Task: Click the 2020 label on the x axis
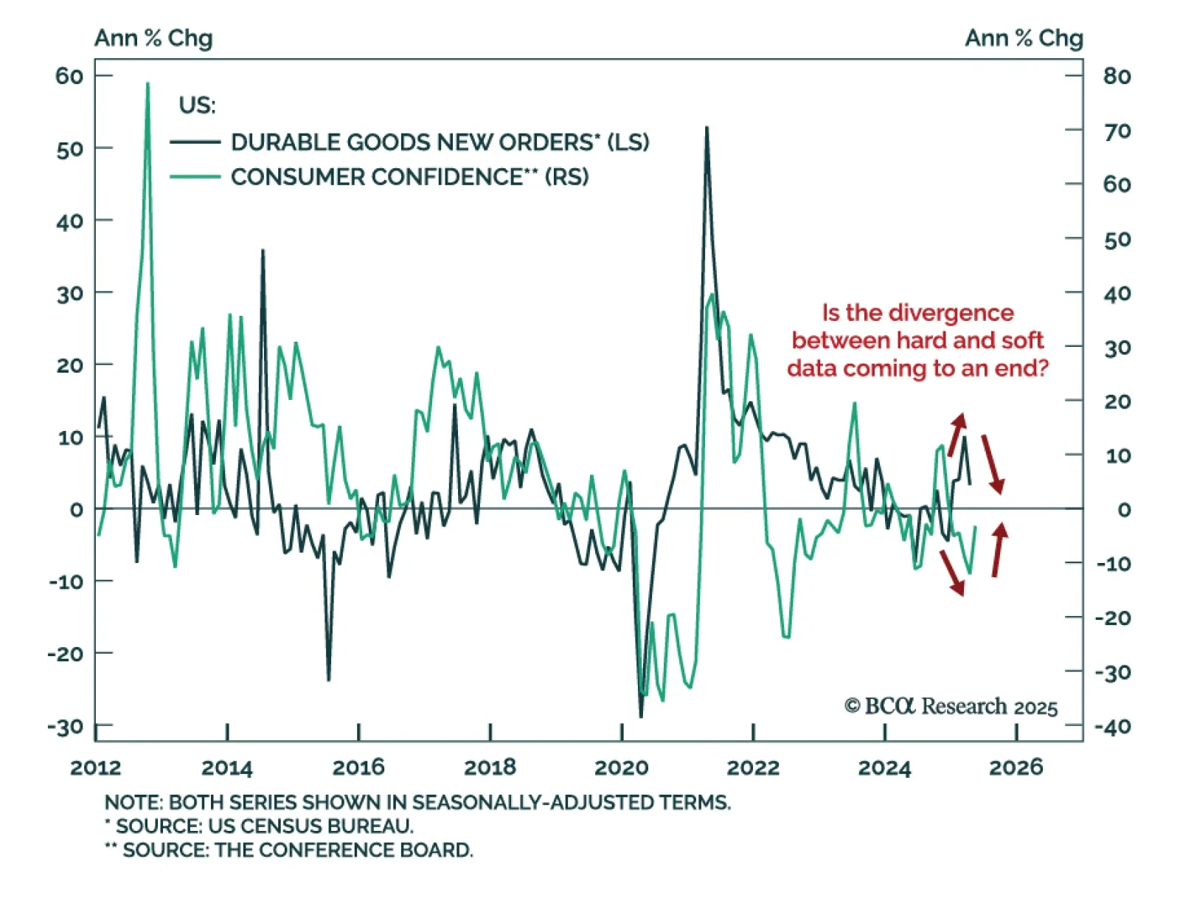tap(621, 767)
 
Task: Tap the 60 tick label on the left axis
tap(69, 76)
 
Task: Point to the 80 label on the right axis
tap(1117, 76)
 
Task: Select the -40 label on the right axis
tap(1112, 727)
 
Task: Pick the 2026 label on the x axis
tap(1016, 767)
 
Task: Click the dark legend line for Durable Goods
tap(195, 142)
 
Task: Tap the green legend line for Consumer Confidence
tap(195, 177)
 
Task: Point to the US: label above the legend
tap(197, 106)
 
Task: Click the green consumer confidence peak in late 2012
tap(147, 84)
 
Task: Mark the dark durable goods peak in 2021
tap(707, 128)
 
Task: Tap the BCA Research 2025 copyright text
tap(951, 707)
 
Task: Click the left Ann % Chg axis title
tap(153, 38)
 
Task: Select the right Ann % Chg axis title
tap(1024, 38)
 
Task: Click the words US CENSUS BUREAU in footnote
tap(310, 826)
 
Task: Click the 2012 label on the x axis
tap(96, 767)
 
